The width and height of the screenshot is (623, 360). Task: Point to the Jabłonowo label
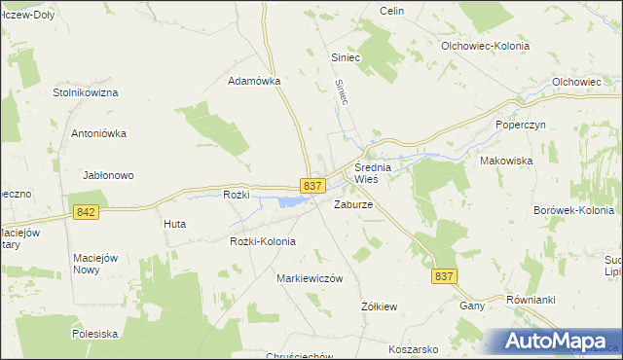pos(108,175)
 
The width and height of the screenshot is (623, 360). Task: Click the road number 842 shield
pos(85,212)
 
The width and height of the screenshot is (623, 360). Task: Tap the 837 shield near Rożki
pos(311,186)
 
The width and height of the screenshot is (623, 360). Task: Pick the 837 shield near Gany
pos(443,276)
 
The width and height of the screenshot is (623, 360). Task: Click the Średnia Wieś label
pos(372,173)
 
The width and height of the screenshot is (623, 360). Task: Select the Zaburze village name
pos(353,205)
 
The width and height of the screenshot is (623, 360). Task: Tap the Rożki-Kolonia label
pos(263,241)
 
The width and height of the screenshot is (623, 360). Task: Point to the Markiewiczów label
pos(311,278)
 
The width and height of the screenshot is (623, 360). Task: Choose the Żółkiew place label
pos(380,306)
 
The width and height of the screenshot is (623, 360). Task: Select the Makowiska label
pos(504,162)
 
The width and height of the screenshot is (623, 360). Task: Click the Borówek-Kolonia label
pos(574,210)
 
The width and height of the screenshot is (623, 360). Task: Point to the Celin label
pos(392,11)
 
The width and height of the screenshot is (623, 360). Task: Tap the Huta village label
pos(175,224)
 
